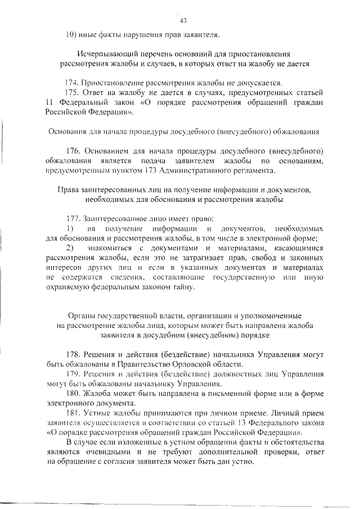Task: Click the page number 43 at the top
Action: point(183,21)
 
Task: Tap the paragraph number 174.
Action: point(73,82)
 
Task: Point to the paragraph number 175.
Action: point(73,92)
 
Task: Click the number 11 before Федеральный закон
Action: point(49,102)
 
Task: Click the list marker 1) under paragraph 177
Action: point(70,228)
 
